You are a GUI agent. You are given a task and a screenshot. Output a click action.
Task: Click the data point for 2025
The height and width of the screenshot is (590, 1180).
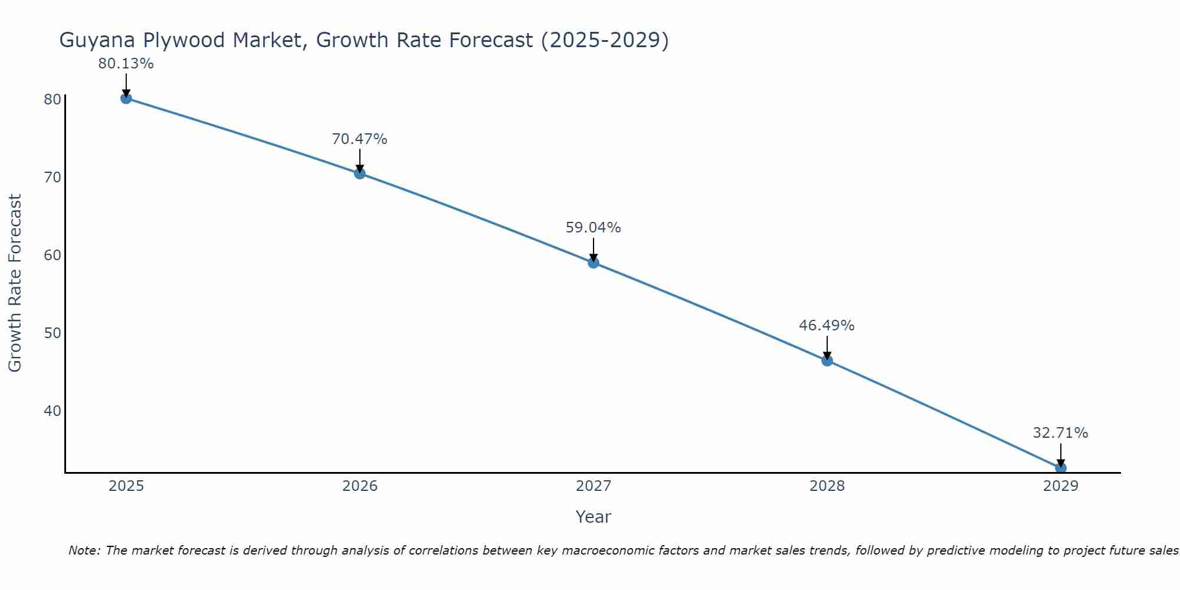click(126, 98)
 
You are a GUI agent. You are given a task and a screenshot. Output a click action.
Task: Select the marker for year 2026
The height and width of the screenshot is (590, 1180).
click(359, 173)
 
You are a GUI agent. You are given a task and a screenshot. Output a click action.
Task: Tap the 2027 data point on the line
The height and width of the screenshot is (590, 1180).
click(593, 263)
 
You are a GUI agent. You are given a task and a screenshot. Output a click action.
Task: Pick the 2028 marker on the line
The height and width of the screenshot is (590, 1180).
click(827, 360)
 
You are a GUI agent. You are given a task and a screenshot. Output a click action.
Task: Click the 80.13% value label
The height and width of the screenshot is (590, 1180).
click(126, 64)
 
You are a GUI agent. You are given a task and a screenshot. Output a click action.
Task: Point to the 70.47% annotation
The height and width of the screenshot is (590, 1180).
click(359, 139)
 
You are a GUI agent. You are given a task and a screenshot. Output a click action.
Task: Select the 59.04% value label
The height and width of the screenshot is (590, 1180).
click(593, 228)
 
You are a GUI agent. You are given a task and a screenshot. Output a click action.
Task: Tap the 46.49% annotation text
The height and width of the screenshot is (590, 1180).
click(827, 326)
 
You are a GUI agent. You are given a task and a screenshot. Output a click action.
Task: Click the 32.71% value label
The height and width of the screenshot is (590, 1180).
click(1060, 433)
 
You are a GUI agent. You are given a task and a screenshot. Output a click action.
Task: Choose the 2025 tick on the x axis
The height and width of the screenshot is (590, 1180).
click(126, 486)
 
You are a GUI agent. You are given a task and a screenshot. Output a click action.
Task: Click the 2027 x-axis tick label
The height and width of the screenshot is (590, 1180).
click(594, 486)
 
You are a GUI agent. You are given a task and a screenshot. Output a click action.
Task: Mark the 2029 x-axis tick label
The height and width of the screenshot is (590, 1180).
click(1061, 486)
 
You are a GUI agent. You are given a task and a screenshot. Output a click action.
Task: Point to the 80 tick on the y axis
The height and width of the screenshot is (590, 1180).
click(53, 99)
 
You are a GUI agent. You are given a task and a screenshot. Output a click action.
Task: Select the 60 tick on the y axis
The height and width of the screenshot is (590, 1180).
click(53, 255)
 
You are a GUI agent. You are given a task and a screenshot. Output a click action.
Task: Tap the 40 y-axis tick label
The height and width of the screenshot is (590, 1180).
click(53, 411)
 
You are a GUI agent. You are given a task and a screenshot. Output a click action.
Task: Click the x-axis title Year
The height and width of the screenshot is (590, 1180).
click(593, 517)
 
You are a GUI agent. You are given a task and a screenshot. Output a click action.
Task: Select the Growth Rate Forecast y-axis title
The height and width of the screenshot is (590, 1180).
click(15, 283)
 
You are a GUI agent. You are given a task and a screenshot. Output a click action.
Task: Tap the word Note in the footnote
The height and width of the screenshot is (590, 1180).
click(84, 551)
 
